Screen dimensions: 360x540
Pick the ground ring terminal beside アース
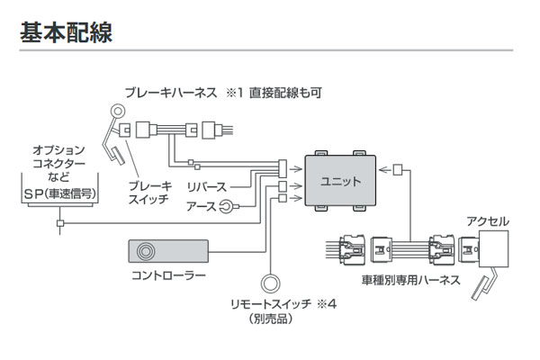(x=229, y=206)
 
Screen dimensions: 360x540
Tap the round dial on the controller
(x=144, y=247)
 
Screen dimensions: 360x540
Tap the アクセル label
(x=489, y=220)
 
